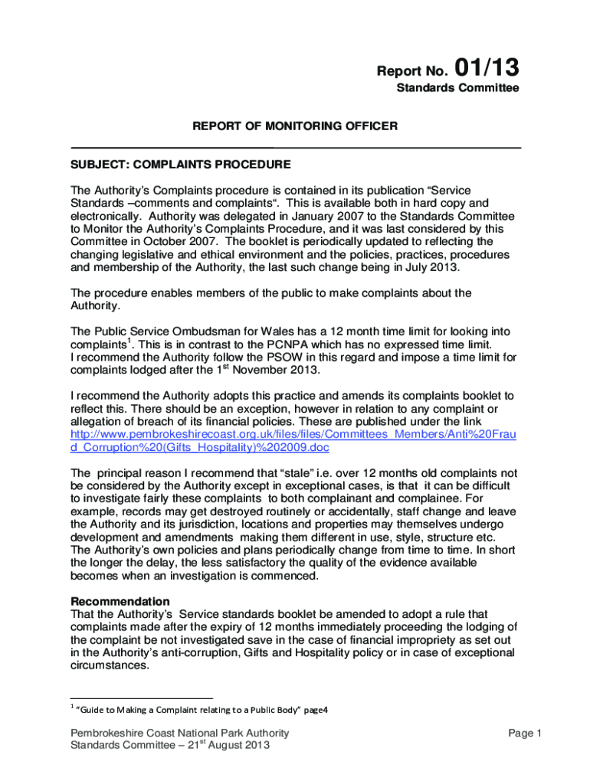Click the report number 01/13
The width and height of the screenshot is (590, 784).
(487, 68)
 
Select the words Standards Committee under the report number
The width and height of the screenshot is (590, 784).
(457, 88)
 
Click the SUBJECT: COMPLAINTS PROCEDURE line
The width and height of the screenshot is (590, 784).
(181, 164)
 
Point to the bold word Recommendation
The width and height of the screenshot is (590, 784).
(120, 601)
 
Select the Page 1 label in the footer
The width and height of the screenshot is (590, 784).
(525, 733)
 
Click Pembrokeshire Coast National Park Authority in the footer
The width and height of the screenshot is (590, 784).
(179, 733)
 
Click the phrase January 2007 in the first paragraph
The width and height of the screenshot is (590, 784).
(291, 216)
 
